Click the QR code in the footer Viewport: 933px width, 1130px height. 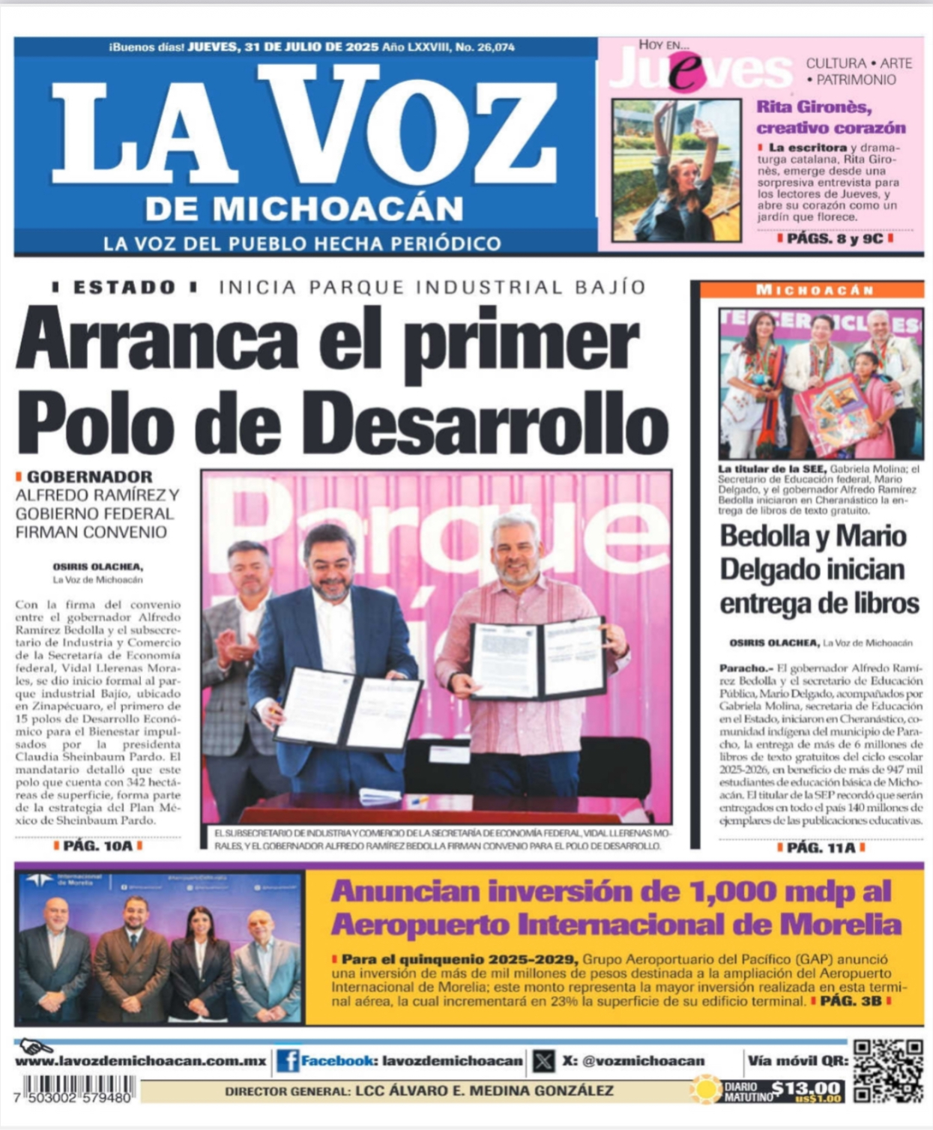(x=888, y=1071)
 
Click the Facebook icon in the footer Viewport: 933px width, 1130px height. (x=288, y=1060)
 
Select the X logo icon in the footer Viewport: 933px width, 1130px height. (x=544, y=1061)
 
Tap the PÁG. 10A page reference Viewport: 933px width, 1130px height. (x=97, y=845)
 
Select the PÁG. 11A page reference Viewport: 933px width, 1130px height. (x=821, y=847)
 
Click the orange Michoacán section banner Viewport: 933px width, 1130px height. (x=813, y=290)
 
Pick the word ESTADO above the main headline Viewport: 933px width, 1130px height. (x=124, y=287)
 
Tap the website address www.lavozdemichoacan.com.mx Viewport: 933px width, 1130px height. (x=141, y=1061)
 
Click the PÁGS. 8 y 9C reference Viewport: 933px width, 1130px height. (x=835, y=238)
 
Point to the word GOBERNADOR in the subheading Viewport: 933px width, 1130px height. (x=89, y=477)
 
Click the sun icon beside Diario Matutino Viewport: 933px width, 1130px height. (x=705, y=1089)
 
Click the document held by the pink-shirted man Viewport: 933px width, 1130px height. (x=538, y=658)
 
